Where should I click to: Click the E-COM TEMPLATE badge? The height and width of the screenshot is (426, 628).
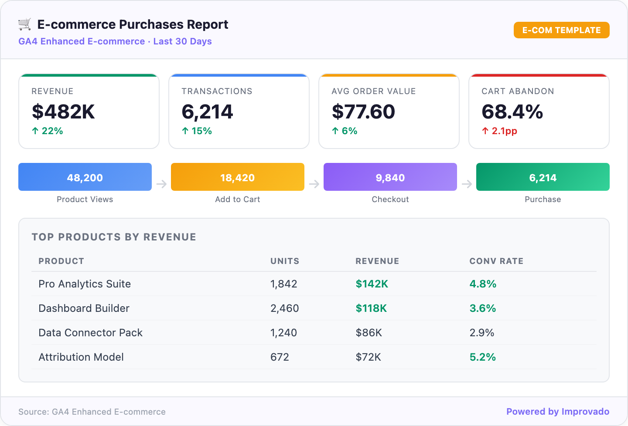[x=561, y=30]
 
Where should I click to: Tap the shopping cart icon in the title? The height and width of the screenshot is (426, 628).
[x=25, y=24]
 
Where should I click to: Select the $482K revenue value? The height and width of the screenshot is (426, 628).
[x=63, y=112]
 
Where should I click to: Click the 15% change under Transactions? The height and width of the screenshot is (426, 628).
[x=197, y=131]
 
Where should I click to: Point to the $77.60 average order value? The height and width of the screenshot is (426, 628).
[x=363, y=112]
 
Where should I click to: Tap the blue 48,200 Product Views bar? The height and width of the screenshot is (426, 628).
[x=85, y=177]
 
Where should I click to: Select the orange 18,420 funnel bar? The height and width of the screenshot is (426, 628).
[x=238, y=177]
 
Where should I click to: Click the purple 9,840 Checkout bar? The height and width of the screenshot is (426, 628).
[x=390, y=177]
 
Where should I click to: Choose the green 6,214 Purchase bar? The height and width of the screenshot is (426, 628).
[x=543, y=177]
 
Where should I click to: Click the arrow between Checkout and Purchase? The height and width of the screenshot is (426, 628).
[x=467, y=184]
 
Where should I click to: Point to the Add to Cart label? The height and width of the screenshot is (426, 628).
[x=238, y=199]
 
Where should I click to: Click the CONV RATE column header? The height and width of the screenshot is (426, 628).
[x=496, y=261]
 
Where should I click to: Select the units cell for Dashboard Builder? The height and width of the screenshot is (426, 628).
[x=284, y=308]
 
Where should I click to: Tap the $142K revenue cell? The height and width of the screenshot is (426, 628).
[x=372, y=284]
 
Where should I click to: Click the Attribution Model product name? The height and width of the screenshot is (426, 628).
[x=81, y=357]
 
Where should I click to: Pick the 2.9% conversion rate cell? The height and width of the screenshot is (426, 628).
[x=482, y=333]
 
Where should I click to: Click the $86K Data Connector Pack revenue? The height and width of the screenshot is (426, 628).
[x=369, y=333]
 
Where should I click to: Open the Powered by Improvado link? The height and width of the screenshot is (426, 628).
[x=558, y=412]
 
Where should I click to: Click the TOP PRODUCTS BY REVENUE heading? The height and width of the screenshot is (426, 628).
[x=114, y=237]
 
